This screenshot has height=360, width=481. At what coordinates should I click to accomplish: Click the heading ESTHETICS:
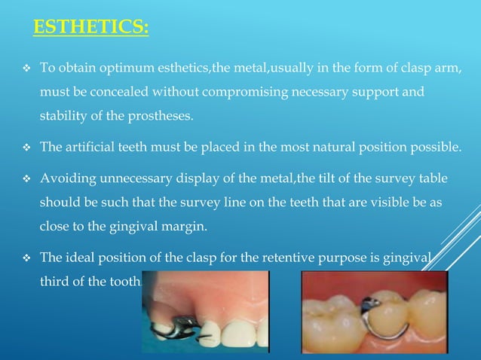click(91, 28)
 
